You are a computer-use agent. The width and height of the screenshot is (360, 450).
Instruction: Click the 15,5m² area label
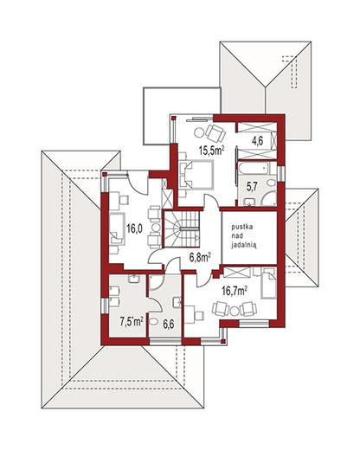tap(212, 151)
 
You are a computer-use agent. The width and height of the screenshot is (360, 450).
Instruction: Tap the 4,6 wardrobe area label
tap(257, 142)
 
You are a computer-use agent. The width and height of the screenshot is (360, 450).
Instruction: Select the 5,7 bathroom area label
tap(252, 187)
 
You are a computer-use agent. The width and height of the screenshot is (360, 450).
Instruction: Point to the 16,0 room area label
tap(135, 228)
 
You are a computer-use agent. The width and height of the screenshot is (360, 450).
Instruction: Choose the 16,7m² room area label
tap(235, 292)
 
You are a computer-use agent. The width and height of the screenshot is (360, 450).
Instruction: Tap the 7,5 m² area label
tap(132, 321)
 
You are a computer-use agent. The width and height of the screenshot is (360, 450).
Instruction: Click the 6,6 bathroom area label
tap(168, 325)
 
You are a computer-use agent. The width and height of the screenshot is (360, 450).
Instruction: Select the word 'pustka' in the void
tap(241, 227)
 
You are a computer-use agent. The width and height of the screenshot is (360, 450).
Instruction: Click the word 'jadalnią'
tap(244, 245)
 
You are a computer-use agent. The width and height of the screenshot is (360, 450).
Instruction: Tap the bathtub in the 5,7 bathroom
tap(254, 168)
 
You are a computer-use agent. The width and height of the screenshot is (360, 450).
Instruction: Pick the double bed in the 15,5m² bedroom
tap(196, 175)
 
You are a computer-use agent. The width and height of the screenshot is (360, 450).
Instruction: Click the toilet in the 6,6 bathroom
tap(153, 321)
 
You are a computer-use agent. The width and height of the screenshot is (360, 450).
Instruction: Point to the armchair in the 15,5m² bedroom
tap(215, 133)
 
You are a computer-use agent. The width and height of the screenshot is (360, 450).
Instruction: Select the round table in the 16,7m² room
tap(235, 311)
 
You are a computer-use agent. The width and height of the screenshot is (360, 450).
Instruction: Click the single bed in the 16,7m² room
tap(268, 283)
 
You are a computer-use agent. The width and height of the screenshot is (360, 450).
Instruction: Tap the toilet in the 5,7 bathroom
tap(271, 183)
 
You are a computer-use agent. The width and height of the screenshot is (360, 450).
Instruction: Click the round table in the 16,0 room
tap(156, 228)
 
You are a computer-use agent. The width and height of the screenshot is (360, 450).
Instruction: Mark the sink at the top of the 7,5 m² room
tap(134, 279)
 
